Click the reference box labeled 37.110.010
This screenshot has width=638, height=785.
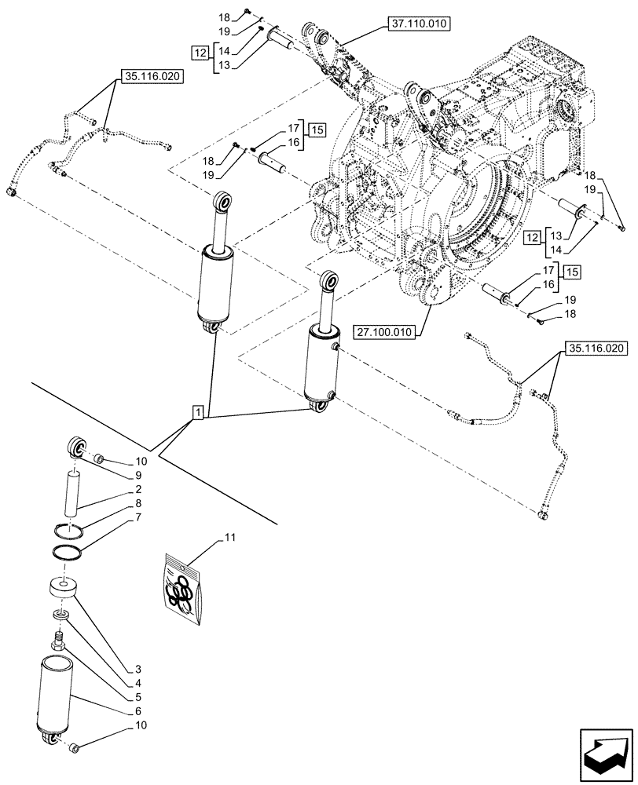point(417,24)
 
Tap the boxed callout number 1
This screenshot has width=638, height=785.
point(197,412)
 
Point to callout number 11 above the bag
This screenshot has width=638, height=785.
point(229,537)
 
